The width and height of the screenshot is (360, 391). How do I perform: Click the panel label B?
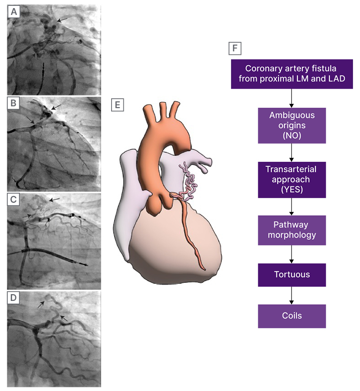coord(14,104)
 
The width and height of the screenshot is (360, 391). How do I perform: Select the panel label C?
coord(14,200)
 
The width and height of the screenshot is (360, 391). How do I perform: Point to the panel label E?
coord(117,105)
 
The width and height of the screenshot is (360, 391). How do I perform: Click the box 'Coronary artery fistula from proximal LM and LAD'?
coord(292,74)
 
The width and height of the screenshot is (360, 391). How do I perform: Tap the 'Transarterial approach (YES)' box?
coord(292,179)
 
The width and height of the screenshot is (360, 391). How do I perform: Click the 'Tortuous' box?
coord(292,275)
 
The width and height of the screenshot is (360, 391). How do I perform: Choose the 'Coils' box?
coord(292,316)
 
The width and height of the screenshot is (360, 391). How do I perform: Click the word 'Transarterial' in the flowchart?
coord(291,169)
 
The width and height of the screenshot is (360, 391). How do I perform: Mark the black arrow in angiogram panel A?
coord(63,19)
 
